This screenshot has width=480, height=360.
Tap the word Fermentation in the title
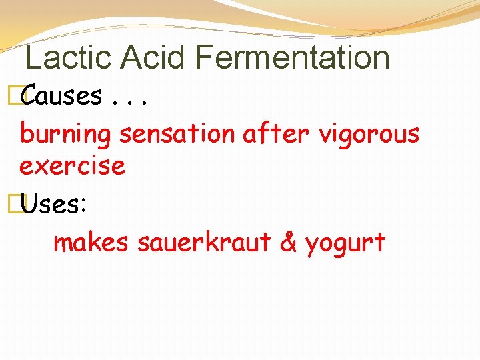coord(293,57)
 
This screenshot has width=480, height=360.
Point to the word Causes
coord(62,97)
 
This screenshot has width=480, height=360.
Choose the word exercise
coord(72,165)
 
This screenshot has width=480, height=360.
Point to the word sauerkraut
coord(204,243)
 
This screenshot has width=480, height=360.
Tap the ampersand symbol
coord(288,243)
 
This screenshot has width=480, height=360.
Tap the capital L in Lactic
coord(31,57)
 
